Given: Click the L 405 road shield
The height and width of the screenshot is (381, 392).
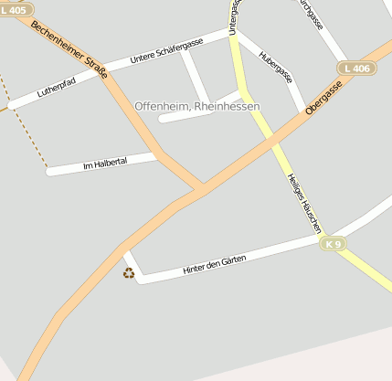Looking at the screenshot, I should point(15,9).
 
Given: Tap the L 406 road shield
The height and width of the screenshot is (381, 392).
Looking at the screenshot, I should point(356,69).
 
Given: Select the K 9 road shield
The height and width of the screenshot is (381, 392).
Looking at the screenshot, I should point(334,244).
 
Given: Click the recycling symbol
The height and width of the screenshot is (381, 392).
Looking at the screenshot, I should point(129,271).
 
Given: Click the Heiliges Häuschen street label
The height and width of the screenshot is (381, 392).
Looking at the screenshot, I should point(305,198).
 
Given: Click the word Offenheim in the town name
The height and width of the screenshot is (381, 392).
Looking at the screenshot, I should point(162,107).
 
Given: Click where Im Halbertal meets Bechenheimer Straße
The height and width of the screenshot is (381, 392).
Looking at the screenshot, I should point(157,156).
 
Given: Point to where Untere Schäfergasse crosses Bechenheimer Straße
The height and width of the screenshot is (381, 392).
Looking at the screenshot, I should point(104,70).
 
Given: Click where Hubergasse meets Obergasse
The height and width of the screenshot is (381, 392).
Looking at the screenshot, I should point(303,113).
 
